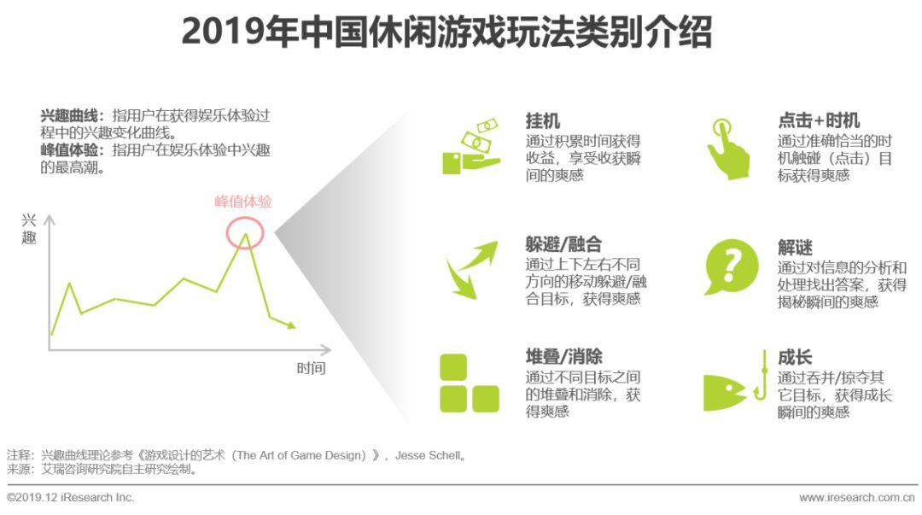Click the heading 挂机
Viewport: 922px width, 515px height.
[543, 121]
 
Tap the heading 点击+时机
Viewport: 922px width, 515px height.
[819, 120]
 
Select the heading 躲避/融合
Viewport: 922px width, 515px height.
[563, 244]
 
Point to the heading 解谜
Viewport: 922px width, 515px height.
[795, 248]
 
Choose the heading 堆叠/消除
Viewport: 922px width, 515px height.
[563, 357]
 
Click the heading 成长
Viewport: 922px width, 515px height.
[795, 357]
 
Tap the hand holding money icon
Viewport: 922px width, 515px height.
[471, 147]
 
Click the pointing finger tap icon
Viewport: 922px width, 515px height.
[728, 149]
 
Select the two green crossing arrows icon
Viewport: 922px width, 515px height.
[471, 270]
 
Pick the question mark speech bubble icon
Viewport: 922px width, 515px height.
[731, 266]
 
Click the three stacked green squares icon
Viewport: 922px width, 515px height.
[470, 383]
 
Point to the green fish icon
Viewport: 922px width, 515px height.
[724, 392]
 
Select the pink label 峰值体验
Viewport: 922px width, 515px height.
[242, 202]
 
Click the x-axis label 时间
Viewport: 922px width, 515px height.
[311, 368]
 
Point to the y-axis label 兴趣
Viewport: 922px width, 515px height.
[29, 229]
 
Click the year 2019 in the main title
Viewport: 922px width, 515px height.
[222, 32]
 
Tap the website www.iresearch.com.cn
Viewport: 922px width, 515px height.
[857, 498]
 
